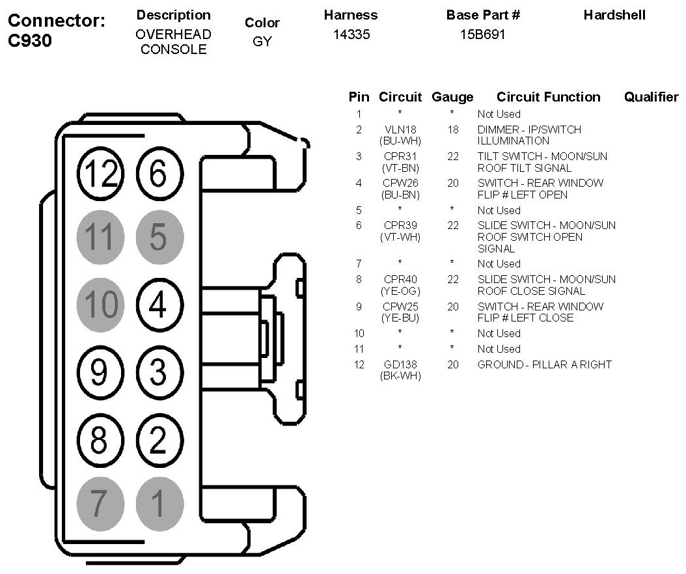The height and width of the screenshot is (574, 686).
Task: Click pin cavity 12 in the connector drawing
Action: point(100,172)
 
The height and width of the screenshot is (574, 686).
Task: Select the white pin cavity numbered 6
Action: point(159,172)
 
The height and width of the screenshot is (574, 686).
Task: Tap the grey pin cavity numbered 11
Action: point(100,237)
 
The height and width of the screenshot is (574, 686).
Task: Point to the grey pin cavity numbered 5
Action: point(159,237)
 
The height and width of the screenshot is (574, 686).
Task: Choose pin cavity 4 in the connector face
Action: point(159,305)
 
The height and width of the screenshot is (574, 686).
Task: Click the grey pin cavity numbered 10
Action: point(100,305)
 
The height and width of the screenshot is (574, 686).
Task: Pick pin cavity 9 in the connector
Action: point(100,372)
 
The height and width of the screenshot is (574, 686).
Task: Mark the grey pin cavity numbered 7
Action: point(100,502)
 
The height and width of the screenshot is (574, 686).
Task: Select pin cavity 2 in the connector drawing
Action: point(159,440)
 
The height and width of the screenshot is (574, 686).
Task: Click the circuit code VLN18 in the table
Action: point(400,130)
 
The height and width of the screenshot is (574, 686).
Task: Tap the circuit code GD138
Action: point(400,364)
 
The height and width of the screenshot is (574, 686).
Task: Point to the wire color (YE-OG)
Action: point(400,291)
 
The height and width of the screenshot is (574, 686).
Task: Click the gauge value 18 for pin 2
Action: point(453,130)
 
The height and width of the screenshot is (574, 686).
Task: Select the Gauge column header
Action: point(452,97)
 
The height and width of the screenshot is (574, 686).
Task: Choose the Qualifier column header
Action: point(651,97)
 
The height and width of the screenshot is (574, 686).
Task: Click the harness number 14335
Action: point(351,34)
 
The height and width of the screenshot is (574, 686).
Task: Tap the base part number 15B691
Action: point(482,34)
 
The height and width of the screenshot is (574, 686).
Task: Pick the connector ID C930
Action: point(30,41)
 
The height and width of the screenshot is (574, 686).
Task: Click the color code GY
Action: point(262,42)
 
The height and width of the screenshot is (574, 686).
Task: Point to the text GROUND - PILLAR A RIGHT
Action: point(544,364)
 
